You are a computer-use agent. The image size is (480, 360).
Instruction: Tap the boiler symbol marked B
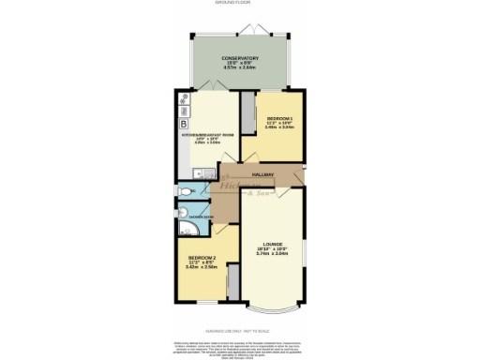click(x=183, y=124)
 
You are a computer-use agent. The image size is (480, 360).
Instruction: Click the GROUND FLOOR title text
click(x=240, y=3)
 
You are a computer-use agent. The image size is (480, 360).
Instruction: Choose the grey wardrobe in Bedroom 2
click(x=232, y=282)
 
